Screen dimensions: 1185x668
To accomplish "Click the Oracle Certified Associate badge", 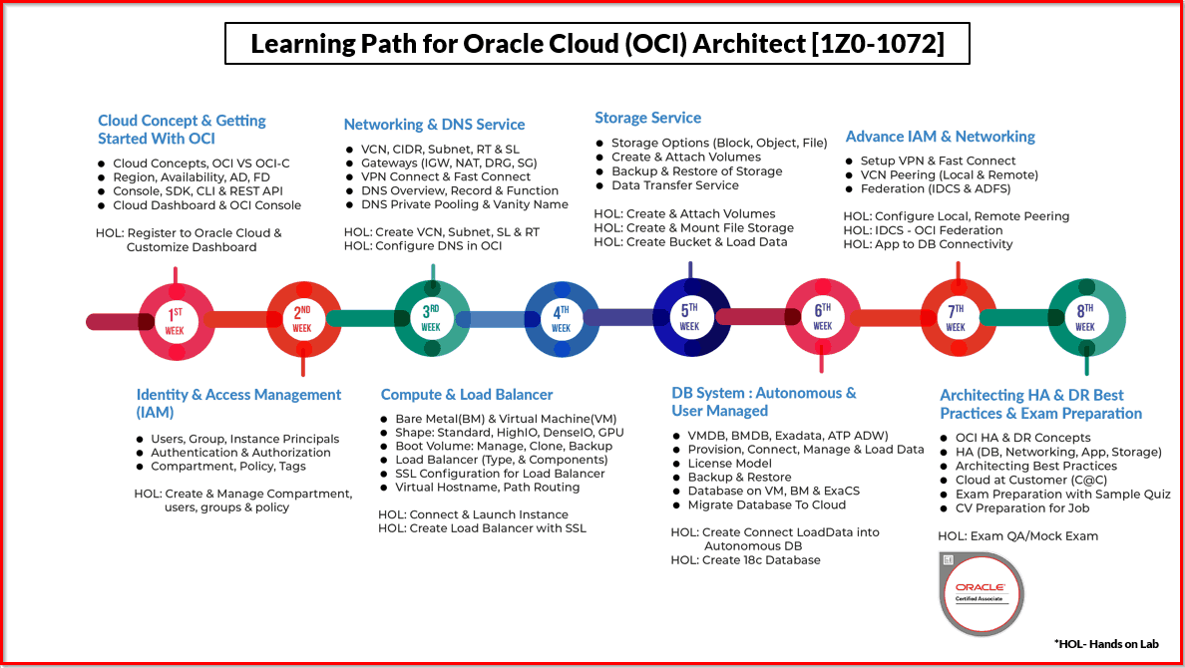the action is click(981, 594).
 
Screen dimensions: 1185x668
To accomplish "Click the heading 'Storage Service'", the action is click(647, 118).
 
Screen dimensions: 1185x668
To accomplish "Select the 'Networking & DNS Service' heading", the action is click(434, 125).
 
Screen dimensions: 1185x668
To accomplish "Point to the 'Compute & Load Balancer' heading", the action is click(466, 395).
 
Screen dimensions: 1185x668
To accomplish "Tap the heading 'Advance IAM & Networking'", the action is click(941, 137).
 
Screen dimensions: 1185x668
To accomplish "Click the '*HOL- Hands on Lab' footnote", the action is click(1106, 644).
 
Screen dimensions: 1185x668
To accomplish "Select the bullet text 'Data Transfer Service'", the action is click(675, 185).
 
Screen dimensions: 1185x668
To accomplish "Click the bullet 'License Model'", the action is click(729, 464).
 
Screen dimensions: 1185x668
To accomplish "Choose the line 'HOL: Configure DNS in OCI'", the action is click(423, 245).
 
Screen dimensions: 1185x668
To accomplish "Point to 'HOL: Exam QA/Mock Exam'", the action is click(1018, 535).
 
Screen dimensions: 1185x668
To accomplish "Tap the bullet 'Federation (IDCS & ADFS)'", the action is click(935, 188).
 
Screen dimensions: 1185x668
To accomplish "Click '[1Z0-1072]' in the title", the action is click(878, 44).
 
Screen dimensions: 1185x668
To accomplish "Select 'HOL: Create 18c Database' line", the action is click(745, 560).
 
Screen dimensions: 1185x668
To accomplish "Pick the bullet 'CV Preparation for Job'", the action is click(1022, 507).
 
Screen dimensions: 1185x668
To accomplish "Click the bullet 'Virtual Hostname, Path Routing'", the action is click(488, 488).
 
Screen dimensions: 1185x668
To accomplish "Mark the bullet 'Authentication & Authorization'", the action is click(240, 453).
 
